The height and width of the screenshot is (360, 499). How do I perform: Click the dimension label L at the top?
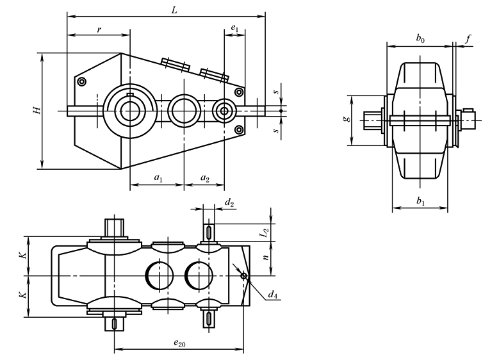(x=174, y=9)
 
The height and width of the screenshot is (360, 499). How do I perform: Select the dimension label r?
(x=99, y=29)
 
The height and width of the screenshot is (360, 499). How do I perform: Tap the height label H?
(x=38, y=110)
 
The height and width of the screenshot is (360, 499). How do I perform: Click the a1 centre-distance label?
(x=157, y=179)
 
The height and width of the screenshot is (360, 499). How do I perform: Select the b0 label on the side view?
(x=420, y=39)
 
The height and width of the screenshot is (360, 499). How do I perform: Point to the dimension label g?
(x=347, y=120)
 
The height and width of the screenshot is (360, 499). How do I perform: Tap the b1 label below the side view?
(x=420, y=201)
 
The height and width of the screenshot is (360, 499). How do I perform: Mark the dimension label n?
(x=264, y=258)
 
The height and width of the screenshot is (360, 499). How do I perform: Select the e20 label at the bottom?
(x=180, y=344)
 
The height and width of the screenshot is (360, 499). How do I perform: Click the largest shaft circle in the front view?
(x=131, y=110)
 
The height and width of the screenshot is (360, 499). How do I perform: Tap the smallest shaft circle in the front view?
(x=224, y=110)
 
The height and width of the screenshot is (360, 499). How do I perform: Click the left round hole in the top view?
(x=160, y=275)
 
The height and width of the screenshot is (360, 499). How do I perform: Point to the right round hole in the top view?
(x=199, y=275)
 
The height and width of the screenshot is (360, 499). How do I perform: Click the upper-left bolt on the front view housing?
(x=81, y=82)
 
